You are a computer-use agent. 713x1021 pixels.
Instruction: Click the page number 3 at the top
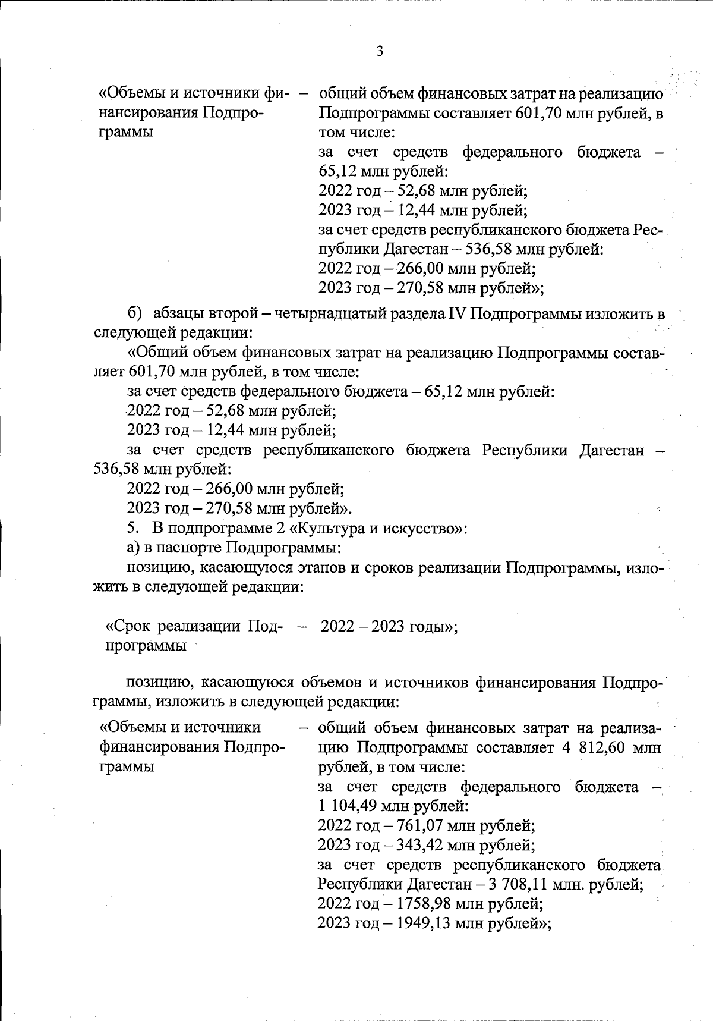point(380,51)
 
